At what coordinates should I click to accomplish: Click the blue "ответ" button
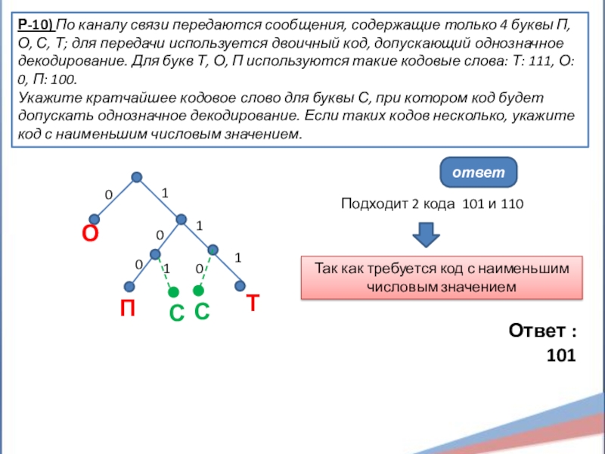[x=478, y=173]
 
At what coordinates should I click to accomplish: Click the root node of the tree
[x=137, y=178]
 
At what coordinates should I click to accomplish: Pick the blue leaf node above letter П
[x=129, y=286]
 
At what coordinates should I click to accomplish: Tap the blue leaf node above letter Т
[x=240, y=286]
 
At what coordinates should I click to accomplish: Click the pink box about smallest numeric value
[x=442, y=277]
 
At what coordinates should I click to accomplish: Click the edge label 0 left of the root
[x=108, y=195]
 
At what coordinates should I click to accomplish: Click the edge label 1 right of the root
[x=164, y=194]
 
